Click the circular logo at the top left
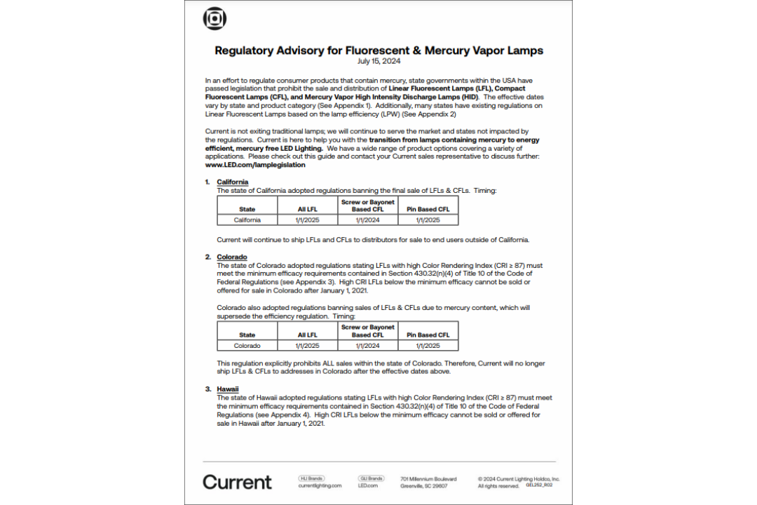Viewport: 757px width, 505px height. [x=214, y=19]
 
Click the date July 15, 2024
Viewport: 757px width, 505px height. [x=378, y=62]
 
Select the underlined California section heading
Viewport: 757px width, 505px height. [x=232, y=182]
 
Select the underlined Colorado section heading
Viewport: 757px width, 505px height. [x=231, y=257]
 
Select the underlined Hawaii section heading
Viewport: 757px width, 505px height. [x=228, y=389]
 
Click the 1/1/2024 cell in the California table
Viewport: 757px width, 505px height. [x=367, y=220]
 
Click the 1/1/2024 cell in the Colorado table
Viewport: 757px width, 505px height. [x=367, y=345]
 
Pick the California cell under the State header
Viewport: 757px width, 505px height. [x=247, y=220]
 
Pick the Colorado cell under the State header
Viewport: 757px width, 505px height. [x=247, y=345]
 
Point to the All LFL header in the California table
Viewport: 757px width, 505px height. [x=307, y=209]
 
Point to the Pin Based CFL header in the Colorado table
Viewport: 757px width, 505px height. [x=428, y=335]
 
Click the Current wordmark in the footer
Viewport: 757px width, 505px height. [x=237, y=482]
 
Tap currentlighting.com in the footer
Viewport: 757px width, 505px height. [x=320, y=485]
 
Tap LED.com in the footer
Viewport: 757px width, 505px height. [x=368, y=485]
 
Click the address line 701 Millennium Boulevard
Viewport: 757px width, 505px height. [x=428, y=479]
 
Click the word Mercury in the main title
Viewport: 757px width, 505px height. [x=456, y=50]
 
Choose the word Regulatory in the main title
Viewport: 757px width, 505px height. [x=246, y=50]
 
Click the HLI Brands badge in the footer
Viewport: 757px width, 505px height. [x=311, y=478]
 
